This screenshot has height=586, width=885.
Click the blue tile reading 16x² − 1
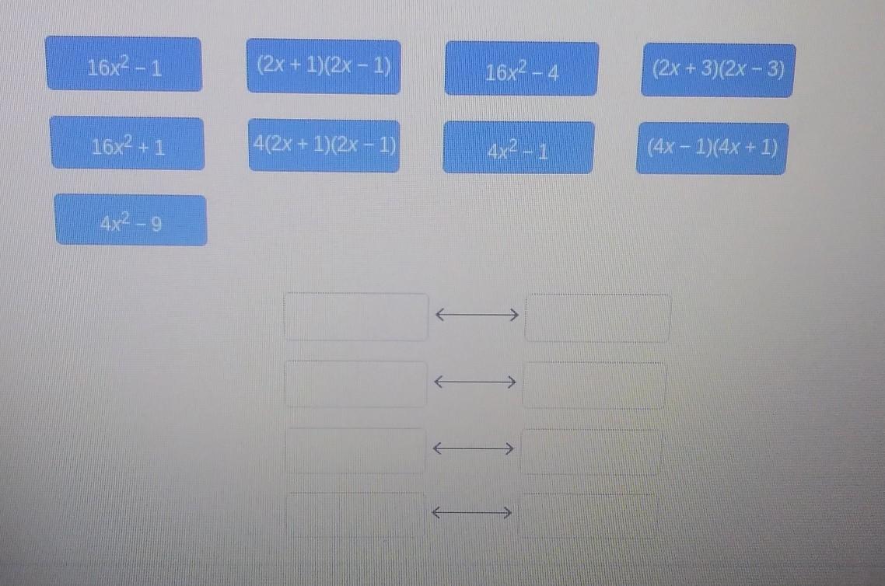(x=124, y=64)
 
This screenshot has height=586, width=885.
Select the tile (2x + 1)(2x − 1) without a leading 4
(x=324, y=66)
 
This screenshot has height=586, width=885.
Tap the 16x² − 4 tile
(x=522, y=68)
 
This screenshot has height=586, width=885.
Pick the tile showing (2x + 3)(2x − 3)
(x=718, y=70)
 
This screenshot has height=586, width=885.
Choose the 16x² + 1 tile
(x=128, y=143)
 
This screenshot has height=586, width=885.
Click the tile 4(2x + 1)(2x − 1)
(x=324, y=145)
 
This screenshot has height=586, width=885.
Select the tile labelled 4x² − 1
(x=519, y=147)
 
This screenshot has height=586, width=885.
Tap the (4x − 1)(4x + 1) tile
(x=712, y=148)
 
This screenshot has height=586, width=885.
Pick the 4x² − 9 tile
(x=131, y=220)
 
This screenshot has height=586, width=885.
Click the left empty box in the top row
(x=356, y=316)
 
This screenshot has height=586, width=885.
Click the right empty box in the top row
(x=598, y=318)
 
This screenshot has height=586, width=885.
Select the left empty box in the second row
(x=356, y=384)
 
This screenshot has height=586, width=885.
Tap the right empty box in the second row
(x=594, y=385)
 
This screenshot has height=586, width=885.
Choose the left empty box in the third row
(x=355, y=450)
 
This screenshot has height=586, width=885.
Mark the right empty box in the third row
(x=590, y=452)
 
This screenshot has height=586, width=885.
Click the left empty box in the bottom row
(x=355, y=514)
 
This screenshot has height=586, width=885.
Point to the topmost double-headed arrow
(x=477, y=314)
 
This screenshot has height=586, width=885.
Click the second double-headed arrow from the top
(x=474, y=382)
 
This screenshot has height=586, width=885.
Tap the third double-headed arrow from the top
(x=473, y=448)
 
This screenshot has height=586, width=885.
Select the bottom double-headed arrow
(x=472, y=513)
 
